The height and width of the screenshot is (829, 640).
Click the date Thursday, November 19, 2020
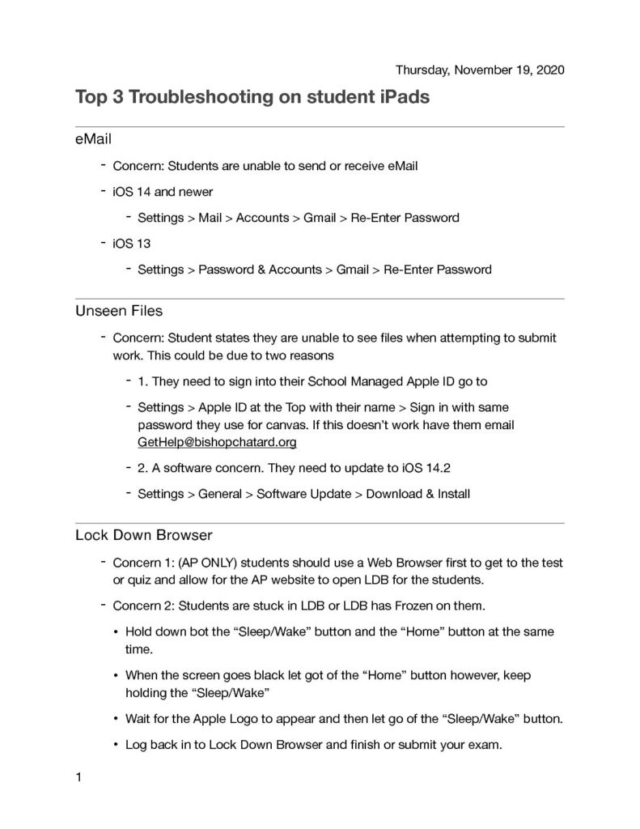tap(480, 70)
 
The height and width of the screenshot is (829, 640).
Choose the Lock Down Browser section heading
tap(143, 536)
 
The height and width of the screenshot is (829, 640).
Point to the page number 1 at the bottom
tap(78, 778)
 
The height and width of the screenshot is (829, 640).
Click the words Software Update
tap(303, 494)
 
